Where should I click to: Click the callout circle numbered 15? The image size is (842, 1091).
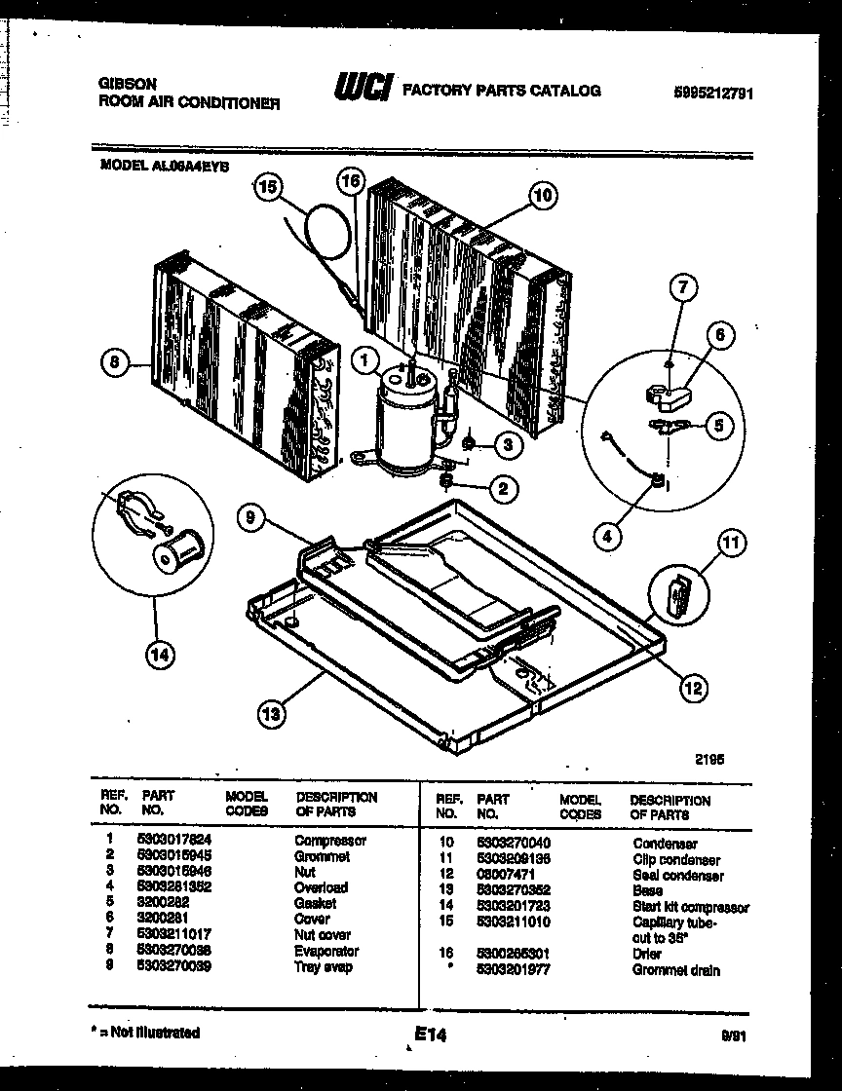(266, 189)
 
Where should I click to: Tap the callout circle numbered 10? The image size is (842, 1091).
(543, 195)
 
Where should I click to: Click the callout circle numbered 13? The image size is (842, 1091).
(274, 715)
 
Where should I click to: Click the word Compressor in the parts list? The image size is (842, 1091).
(329, 840)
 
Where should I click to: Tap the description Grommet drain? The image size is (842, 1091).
(676, 971)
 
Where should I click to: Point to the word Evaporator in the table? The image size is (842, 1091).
(326, 951)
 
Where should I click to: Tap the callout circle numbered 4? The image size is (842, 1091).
(607, 535)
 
